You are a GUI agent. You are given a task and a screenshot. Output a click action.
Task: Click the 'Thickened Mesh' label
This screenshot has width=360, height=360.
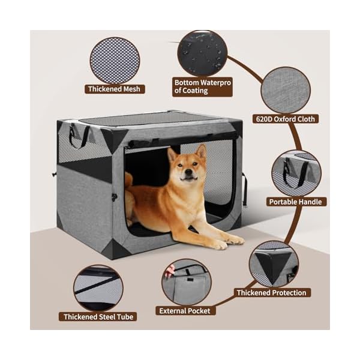click(x=115, y=89)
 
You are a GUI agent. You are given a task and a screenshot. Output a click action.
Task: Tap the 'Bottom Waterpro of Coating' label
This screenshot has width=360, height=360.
click(x=200, y=86)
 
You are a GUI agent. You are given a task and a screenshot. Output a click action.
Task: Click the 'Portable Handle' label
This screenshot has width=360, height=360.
click(x=295, y=202)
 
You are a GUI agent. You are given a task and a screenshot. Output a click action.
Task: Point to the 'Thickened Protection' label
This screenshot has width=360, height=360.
click(x=272, y=293)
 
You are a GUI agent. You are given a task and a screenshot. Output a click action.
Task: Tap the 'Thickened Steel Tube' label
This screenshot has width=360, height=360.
click(x=99, y=316)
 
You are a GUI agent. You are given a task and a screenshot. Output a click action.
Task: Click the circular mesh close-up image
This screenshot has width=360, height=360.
click(x=115, y=60)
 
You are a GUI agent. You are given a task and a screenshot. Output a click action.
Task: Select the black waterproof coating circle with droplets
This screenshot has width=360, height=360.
click(x=202, y=53)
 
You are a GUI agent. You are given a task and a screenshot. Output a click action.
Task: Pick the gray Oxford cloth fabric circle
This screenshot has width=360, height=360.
click(x=285, y=89)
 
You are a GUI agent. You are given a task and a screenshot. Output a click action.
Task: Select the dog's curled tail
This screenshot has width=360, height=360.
click(x=128, y=179)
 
